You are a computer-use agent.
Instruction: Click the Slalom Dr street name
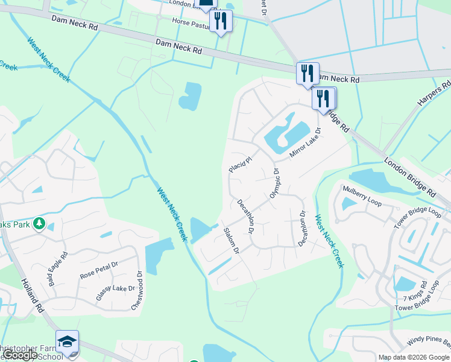pyautogui.click(x=232, y=241)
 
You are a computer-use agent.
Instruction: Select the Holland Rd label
pyautogui.click(x=33, y=294)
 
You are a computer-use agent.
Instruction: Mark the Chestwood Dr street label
pyautogui.click(x=137, y=291)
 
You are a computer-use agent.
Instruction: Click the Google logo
pyautogui.click(x=21, y=355)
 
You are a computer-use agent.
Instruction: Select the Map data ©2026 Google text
pyautogui.click(x=414, y=357)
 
